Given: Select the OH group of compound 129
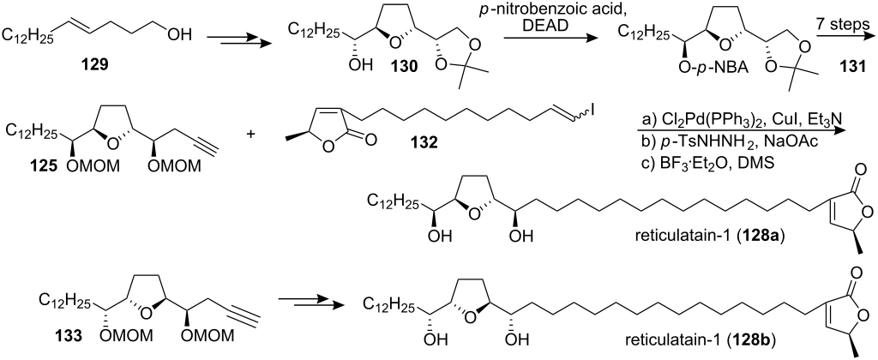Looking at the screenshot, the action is [x=178, y=37].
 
